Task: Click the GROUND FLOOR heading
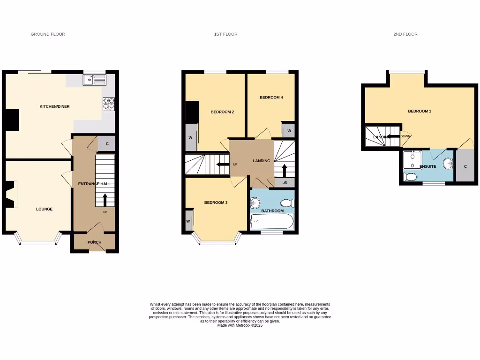[x=48, y=34]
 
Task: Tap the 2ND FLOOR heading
[x=405, y=34]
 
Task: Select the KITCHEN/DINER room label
[x=54, y=106]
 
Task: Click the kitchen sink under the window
[x=94, y=80]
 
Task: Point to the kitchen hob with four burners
[x=108, y=104]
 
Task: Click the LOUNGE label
[x=44, y=209]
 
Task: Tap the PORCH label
[x=94, y=242]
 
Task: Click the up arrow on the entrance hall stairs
[x=105, y=200]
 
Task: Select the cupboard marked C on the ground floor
[x=107, y=144]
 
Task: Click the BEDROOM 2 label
[x=222, y=112]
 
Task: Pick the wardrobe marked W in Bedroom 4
[x=289, y=130]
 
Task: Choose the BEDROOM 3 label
[x=216, y=202]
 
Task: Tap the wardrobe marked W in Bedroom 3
[x=188, y=221]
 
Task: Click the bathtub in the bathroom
[x=272, y=221]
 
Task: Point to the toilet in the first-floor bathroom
[x=287, y=203]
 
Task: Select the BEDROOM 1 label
[x=419, y=111]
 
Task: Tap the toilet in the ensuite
[x=411, y=177]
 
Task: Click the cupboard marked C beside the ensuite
[x=465, y=166]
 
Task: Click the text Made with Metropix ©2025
[x=240, y=325]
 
